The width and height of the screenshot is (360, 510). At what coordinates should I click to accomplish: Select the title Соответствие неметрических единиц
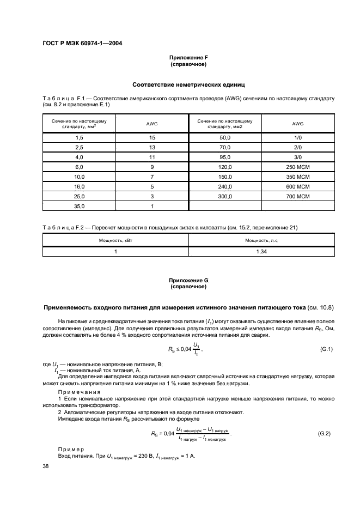pos(188,85)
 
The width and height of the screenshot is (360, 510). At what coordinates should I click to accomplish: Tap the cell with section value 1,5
pos(79,139)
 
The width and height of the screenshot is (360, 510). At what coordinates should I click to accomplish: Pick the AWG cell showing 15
pos(152,139)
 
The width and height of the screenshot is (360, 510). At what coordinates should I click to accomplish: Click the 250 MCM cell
pos(297,167)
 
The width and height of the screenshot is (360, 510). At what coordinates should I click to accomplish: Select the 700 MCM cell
pos(297,196)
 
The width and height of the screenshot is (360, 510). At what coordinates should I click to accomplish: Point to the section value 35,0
pos(79,205)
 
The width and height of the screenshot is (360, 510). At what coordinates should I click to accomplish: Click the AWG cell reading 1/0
pos(297,139)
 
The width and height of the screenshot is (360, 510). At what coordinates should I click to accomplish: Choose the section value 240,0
pos(225,186)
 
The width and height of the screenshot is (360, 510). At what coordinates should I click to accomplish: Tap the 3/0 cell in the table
pos(297,157)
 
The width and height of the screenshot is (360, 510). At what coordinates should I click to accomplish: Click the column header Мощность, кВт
pos(115,239)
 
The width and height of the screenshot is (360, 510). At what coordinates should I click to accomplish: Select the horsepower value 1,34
pos(261,251)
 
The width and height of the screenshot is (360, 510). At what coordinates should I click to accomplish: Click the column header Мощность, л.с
pos(261,239)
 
